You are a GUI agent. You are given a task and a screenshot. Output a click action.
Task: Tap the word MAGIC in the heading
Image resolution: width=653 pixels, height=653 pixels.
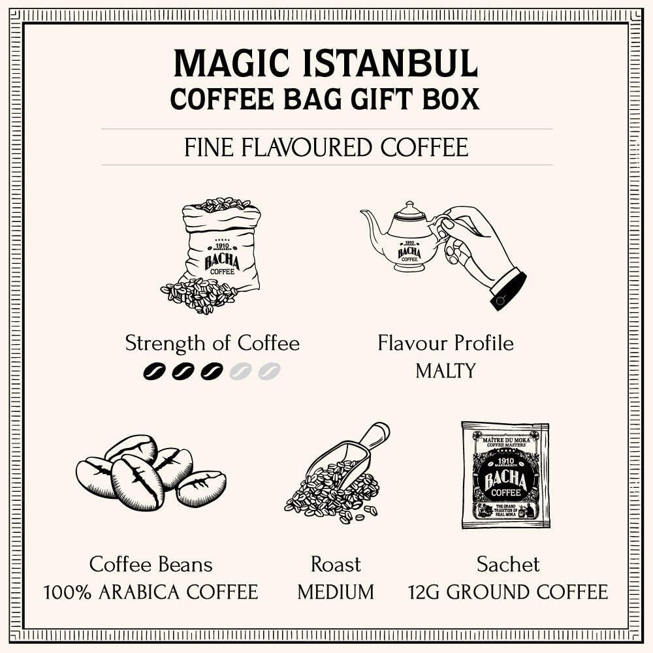click(x=214, y=63)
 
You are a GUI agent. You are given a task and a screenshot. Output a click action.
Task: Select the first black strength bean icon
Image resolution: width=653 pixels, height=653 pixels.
click(x=155, y=372)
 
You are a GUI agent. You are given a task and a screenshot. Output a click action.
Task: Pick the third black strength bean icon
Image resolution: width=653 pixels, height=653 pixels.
click(x=212, y=372)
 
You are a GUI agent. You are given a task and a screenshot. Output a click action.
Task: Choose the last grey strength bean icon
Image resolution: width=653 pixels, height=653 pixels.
click(x=268, y=372)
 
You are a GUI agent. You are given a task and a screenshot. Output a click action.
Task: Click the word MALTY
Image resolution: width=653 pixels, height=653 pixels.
click(x=445, y=372)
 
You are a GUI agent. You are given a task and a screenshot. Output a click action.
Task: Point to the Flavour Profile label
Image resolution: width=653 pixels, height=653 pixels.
click(x=445, y=343)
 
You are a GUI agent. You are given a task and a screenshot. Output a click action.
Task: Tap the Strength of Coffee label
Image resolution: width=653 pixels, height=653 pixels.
click(x=212, y=343)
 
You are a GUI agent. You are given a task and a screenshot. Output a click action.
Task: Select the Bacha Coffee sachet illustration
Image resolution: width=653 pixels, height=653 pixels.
click(x=505, y=475)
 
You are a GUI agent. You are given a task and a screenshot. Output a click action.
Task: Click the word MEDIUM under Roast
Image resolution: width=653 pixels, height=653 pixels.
click(x=336, y=592)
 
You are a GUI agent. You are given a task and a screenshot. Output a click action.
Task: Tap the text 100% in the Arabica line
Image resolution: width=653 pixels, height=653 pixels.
click(x=68, y=592)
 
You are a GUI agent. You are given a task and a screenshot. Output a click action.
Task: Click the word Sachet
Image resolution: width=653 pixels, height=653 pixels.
click(x=508, y=564)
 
